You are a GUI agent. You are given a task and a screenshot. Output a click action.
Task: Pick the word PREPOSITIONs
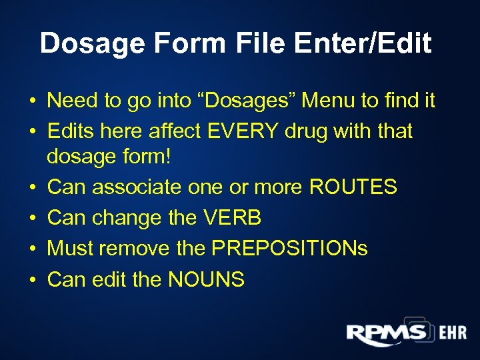tap(289, 248)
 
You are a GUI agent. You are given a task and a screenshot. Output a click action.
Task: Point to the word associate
tap(133, 187)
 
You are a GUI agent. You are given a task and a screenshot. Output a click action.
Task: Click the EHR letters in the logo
tap(453, 333)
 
